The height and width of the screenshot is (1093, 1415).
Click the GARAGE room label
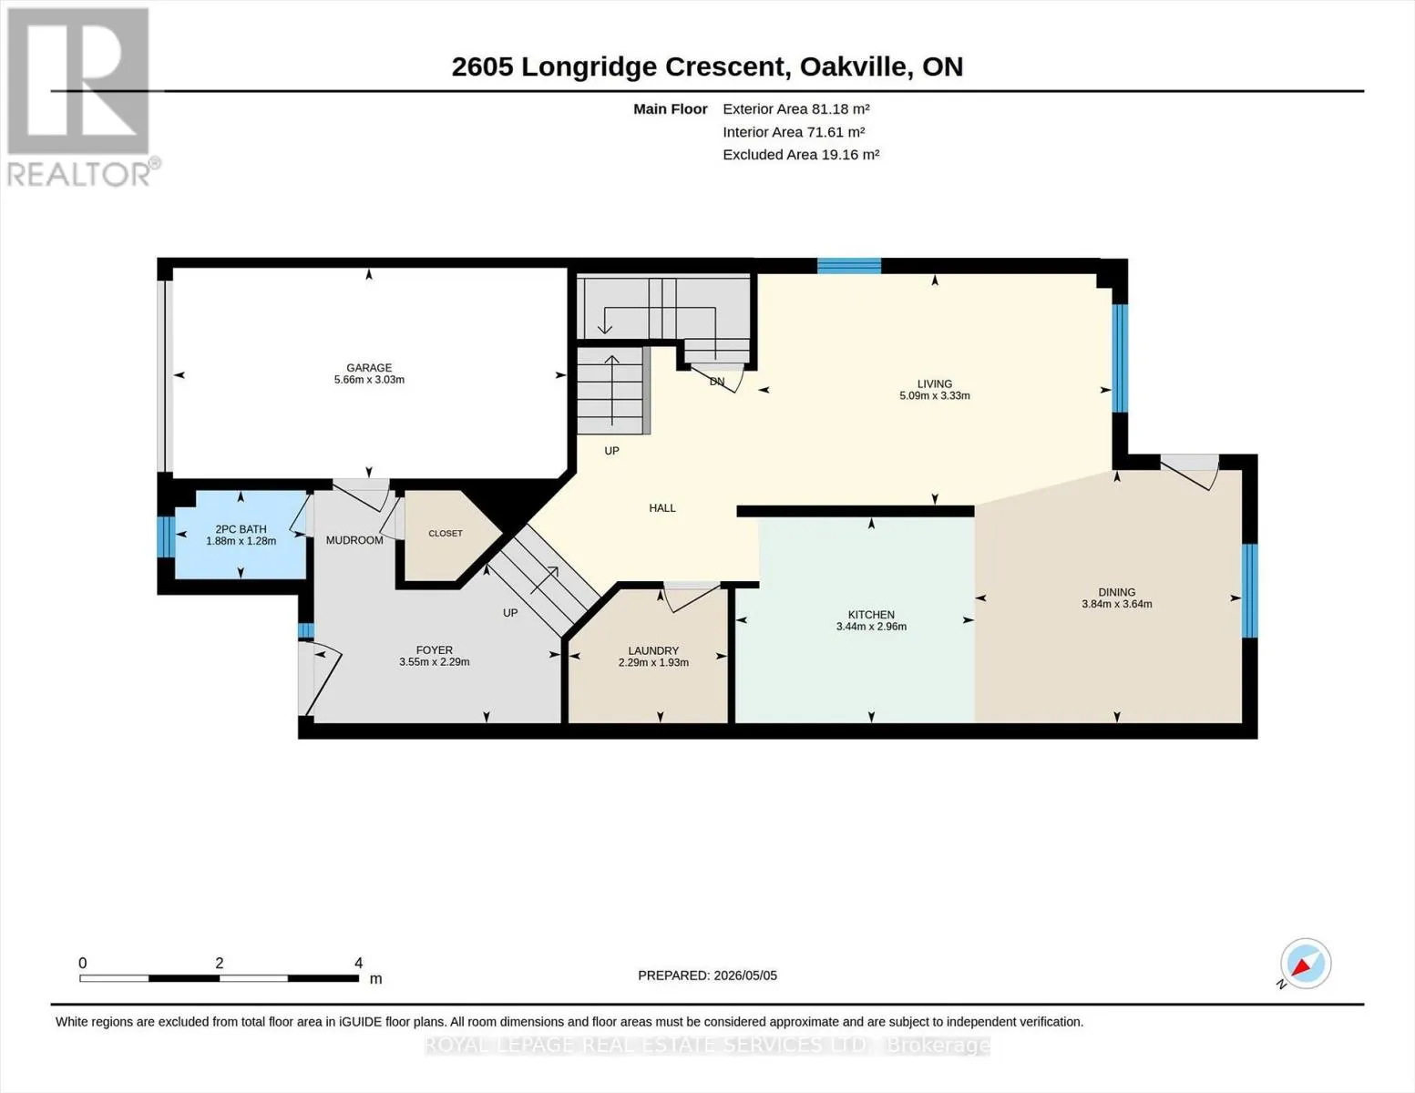pos(369,368)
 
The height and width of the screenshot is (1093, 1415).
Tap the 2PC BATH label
pos(241,529)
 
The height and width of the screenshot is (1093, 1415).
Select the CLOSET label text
pos(446,533)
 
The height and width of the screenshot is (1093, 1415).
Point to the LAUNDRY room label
pos(653,650)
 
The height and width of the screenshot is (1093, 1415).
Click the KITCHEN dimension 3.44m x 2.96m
pos(871,627)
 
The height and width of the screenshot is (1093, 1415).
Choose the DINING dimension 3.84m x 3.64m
pos(1117,604)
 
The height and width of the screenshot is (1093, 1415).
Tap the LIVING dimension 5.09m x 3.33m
pos(935,395)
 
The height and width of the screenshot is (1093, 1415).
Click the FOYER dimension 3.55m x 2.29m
pos(435,661)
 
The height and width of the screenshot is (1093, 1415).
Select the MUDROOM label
pos(354,539)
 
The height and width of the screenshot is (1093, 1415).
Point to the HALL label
pos(662,507)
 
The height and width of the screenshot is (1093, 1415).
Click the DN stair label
pos(717,382)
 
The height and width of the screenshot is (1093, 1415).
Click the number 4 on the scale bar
pos(358,963)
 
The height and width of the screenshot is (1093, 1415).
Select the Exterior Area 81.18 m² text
pos(796,108)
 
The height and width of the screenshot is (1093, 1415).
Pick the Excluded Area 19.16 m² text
pos(801,154)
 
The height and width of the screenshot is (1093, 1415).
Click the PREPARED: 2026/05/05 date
pos(707,976)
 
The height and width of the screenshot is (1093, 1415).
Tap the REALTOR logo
pos(81,97)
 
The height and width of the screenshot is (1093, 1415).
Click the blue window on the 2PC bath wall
pos(166,537)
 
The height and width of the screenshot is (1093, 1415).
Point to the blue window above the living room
pos(849,266)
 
